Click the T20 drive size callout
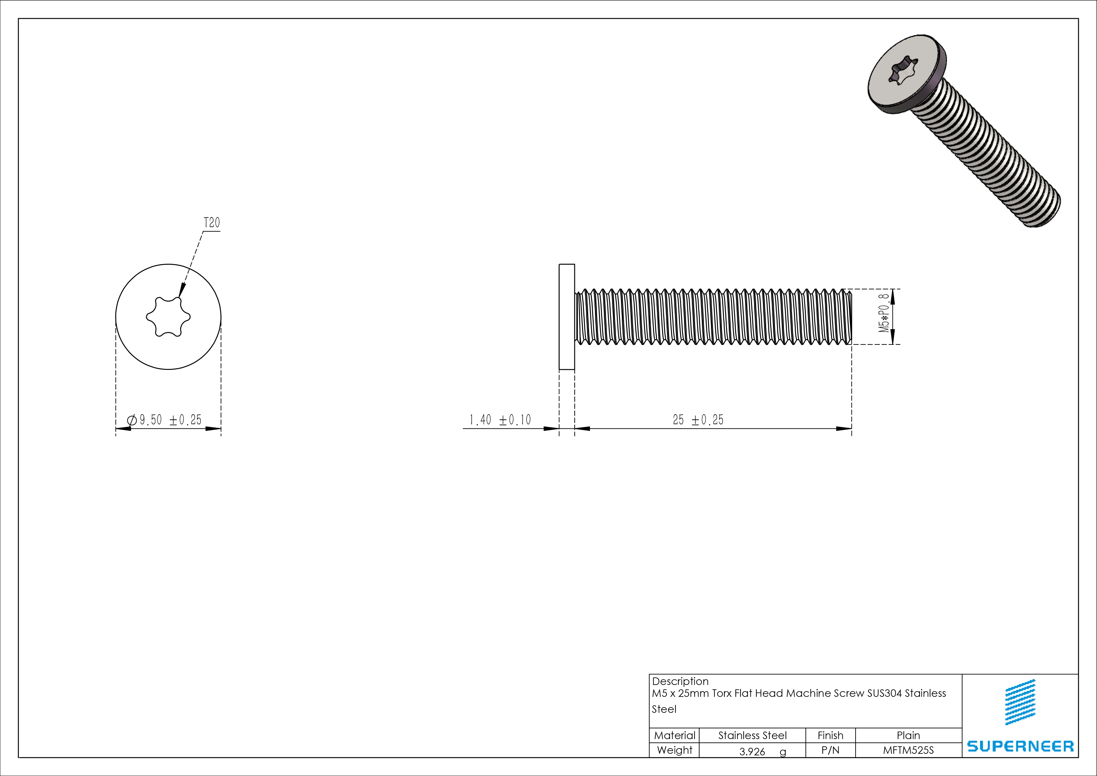(x=212, y=223)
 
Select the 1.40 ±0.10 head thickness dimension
(x=500, y=420)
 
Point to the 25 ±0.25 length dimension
(x=698, y=420)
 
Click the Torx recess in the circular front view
(x=168, y=317)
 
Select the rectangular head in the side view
(x=567, y=317)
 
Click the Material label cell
(x=674, y=735)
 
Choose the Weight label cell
(x=674, y=750)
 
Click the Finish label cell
(x=830, y=735)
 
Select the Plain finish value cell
(x=908, y=735)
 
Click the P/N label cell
(x=830, y=750)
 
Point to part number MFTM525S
(x=908, y=750)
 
